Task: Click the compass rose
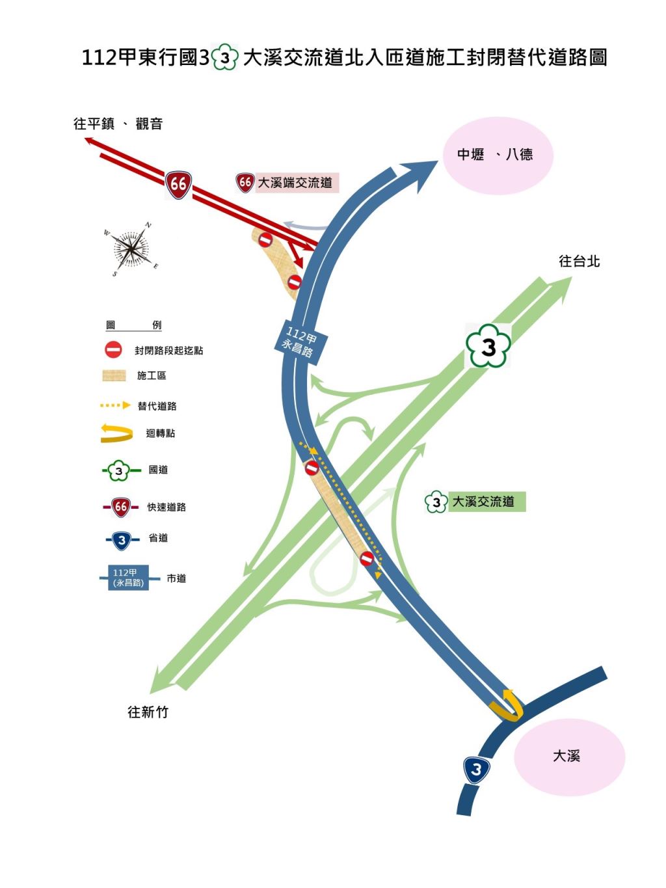point(130,249)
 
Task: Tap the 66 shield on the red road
point(178,185)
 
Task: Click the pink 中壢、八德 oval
point(498,155)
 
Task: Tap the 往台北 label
point(579,262)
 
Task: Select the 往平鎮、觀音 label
point(118,124)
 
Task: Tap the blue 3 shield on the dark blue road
point(477,769)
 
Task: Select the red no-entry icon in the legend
point(113,350)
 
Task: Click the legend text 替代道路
point(157,406)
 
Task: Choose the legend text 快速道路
point(166,507)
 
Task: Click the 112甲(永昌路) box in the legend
point(129,577)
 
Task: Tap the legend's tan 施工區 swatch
point(114,375)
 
